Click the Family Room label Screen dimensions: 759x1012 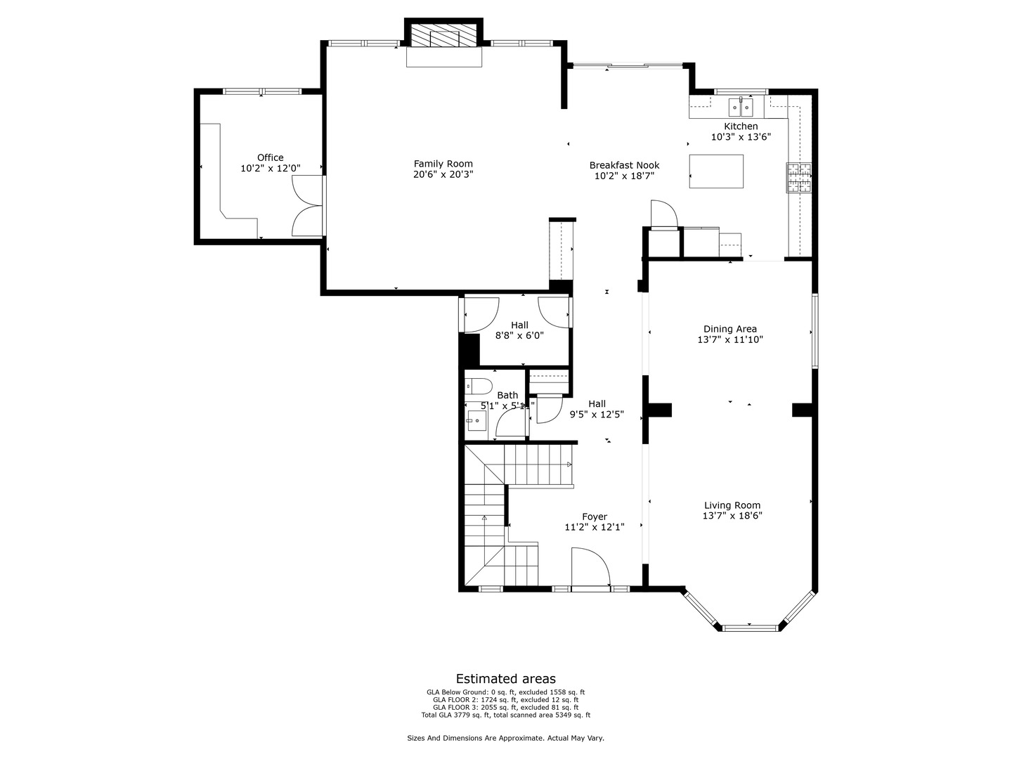click(x=443, y=164)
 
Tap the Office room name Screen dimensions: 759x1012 click(x=270, y=157)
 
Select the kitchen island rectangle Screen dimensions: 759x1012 click(x=716, y=171)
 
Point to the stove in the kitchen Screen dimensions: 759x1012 click(x=798, y=177)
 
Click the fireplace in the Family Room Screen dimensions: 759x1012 click(x=444, y=38)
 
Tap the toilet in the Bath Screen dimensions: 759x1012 click(x=480, y=386)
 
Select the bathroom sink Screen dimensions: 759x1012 click(x=476, y=422)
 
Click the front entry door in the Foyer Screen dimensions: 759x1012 click(x=590, y=569)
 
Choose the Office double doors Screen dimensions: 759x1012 click(x=308, y=205)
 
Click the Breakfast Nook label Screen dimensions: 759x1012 click(x=624, y=165)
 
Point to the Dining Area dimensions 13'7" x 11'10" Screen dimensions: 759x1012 click(x=730, y=339)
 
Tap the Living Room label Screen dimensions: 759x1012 click(x=732, y=505)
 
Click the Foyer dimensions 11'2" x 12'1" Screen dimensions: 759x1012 click(x=594, y=527)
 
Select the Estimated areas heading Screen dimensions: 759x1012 click(x=505, y=679)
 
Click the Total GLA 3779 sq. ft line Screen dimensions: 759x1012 click(x=505, y=715)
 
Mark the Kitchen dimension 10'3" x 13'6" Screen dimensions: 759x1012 click(x=741, y=137)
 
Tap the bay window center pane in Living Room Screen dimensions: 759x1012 click(x=750, y=627)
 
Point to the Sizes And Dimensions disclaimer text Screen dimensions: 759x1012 click(x=505, y=738)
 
